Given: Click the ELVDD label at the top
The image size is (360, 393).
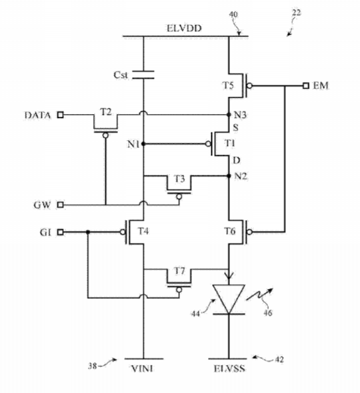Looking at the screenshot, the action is tap(184, 28).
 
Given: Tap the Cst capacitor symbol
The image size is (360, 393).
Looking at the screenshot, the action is tap(143, 75).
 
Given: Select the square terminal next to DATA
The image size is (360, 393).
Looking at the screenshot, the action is tap(61, 115).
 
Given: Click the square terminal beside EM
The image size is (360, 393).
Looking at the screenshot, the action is tap(306, 85).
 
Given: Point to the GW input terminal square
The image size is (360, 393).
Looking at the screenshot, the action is tap(61, 205).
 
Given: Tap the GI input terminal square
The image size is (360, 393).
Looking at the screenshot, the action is tap(61, 232).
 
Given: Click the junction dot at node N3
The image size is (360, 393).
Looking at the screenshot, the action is tap(229, 115).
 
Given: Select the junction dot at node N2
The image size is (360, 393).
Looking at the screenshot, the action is tap(229, 176).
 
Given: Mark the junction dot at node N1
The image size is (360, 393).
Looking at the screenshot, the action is tap(143, 144).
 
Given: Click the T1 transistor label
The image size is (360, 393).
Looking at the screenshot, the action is tap(229, 143).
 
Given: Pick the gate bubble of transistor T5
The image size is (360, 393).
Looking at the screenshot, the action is tap(249, 86).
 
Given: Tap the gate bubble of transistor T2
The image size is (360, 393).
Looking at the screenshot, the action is tap(105, 135).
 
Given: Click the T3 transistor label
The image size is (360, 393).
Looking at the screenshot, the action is tap(179, 179).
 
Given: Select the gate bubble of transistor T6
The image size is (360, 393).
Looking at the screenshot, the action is tap(249, 232).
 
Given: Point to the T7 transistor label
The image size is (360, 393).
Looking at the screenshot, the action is tap(179, 271).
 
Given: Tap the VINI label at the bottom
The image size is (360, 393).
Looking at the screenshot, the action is tap(142, 368).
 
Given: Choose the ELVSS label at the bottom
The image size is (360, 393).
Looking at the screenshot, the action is tap(229, 368).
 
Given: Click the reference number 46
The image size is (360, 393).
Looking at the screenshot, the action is tap(267, 313).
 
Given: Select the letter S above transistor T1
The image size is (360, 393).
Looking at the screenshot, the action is tap(236, 127).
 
